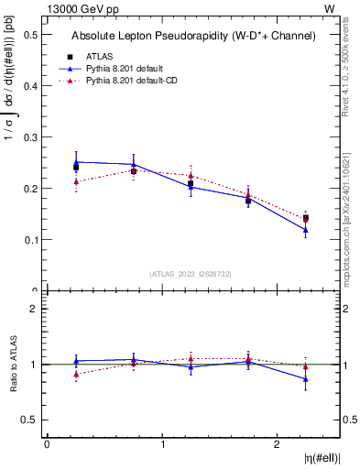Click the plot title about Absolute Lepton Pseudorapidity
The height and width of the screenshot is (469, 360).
pyautogui.click(x=193, y=36)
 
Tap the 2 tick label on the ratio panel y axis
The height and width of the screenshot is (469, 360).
pyautogui.click(x=33, y=309)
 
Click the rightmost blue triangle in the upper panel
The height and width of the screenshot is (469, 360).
pyautogui.click(x=306, y=230)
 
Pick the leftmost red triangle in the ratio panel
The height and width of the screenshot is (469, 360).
pyautogui.click(x=76, y=374)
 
